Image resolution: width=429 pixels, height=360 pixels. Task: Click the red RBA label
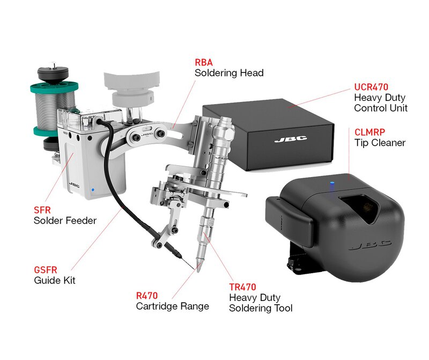(x=204, y=62)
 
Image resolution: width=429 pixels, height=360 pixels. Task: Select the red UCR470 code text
(x=371, y=87)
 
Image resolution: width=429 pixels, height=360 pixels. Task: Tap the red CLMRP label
(x=369, y=132)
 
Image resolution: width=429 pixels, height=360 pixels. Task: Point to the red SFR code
(x=42, y=210)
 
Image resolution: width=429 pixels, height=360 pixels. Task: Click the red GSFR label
(x=46, y=270)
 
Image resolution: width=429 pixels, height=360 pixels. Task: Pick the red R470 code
(x=147, y=296)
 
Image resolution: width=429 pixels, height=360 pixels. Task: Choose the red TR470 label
(x=243, y=287)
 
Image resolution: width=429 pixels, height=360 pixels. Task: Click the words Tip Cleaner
(x=380, y=143)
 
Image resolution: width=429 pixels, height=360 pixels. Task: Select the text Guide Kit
(x=55, y=281)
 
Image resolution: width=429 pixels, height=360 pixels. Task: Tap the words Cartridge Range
(x=172, y=306)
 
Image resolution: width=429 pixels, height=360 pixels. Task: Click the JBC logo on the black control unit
(x=291, y=139)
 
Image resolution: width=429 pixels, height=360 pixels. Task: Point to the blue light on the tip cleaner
(x=332, y=183)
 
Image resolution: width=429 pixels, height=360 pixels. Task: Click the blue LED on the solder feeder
(x=93, y=189)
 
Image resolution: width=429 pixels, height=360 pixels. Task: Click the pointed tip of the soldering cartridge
(x=198, y=271)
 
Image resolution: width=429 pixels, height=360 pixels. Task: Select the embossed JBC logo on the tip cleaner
(x=370, y=245)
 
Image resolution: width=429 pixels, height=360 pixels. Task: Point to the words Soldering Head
(x=229, y=73)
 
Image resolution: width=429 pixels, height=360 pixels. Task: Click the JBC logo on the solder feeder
(x=74, y=185)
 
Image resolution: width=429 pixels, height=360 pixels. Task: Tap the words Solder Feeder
(x=65, y=221)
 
